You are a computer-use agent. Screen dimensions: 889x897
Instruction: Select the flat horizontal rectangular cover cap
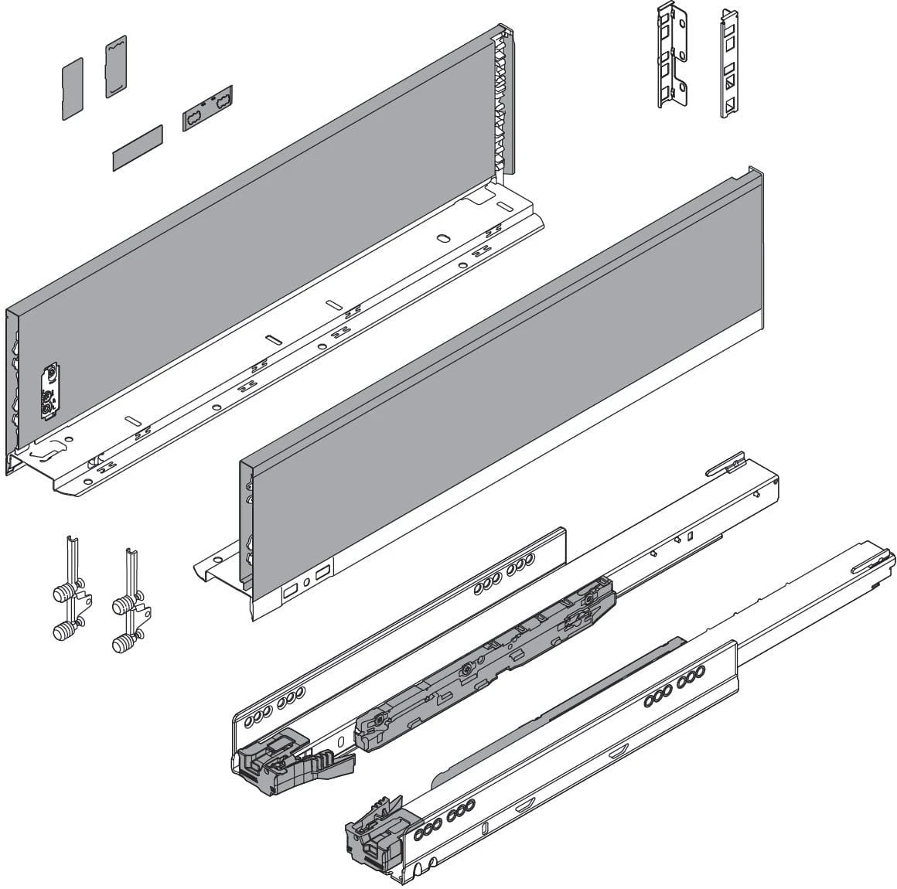pyautogui.click(x=137, y=146)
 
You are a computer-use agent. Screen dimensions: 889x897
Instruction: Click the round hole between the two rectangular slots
pyautogui.click(x=307, y=581)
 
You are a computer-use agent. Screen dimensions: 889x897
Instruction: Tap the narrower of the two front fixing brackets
pyautogui.click(x=729, y=63)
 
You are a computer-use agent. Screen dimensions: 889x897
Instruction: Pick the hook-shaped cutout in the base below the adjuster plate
pyautogui.click(x=49, y=448)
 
